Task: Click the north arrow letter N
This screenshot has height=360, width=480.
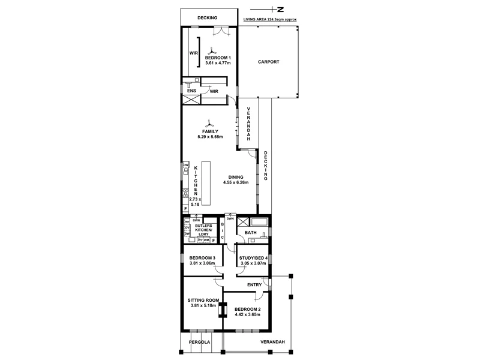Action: click(281, 9)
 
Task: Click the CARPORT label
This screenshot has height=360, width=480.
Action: click(269, 62)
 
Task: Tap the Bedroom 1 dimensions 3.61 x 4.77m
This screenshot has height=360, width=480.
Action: click(218, 63)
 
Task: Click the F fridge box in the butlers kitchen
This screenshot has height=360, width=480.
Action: click(213, 240)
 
